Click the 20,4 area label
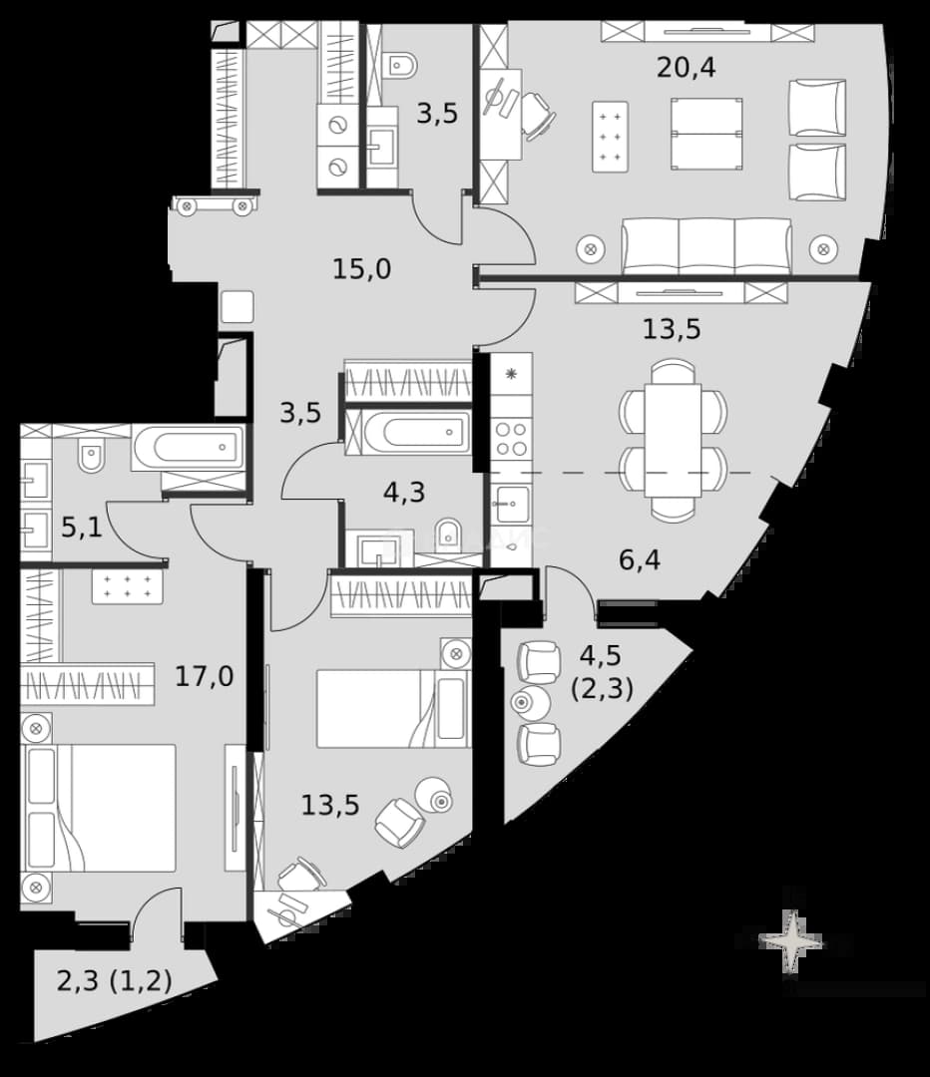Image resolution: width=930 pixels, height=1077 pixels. click(686, 68)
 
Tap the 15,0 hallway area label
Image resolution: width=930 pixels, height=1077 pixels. click(361, 268)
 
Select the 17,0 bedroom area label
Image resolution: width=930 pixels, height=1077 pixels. click(205, 676)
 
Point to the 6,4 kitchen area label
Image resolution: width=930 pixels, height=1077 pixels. click(640, 559)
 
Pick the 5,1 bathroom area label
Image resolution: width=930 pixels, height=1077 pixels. click(82, 528)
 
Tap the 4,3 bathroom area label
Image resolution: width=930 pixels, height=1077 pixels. click(404, 492)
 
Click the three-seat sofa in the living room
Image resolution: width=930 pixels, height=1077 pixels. click(706, 246)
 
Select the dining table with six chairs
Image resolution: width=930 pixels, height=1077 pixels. click(673, 441)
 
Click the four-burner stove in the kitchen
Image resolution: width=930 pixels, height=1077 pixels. click(512, 438)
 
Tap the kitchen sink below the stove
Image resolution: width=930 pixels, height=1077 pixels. click(511, 504)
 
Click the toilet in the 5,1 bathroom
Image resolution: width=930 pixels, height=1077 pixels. click(91, 453)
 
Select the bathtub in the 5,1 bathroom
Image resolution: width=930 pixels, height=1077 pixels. click(187, 447)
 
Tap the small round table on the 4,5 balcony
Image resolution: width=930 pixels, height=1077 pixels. click(531, 703)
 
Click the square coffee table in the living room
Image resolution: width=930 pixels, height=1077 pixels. click(706, 134)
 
